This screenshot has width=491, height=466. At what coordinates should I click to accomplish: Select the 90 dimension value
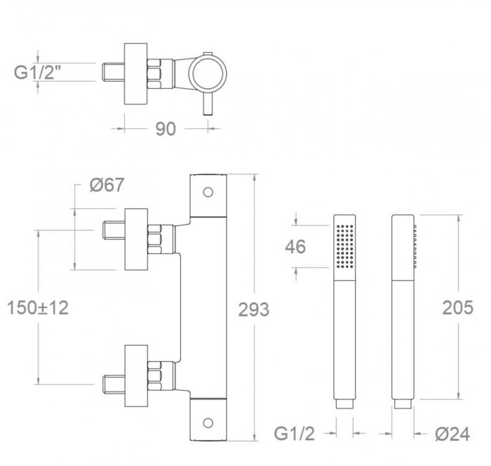[165, 129]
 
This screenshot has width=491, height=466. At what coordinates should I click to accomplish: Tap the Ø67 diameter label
[107, 186]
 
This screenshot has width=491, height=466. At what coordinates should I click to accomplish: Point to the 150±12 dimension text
[38, 308]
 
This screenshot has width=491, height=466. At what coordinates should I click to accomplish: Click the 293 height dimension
[253, 309]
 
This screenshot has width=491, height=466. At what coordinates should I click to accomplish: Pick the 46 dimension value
[295, 247]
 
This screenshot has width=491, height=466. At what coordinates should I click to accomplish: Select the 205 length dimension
[458, 307]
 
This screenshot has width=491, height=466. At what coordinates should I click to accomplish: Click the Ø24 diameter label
[452, 434]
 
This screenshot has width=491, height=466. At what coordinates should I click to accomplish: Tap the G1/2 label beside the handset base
[295, 434]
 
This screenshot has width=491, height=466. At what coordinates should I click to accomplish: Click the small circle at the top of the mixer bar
[208, 192]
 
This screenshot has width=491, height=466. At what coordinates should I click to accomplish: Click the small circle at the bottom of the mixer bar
[208, 422]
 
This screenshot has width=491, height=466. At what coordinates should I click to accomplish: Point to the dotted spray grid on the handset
[345, 247]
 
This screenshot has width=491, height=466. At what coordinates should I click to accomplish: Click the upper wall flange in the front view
[136, 239]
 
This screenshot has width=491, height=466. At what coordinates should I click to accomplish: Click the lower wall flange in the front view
[136, 376]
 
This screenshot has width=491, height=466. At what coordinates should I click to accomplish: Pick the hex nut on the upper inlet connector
[155, 239]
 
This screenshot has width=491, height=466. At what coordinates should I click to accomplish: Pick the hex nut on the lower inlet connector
[155, 376]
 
